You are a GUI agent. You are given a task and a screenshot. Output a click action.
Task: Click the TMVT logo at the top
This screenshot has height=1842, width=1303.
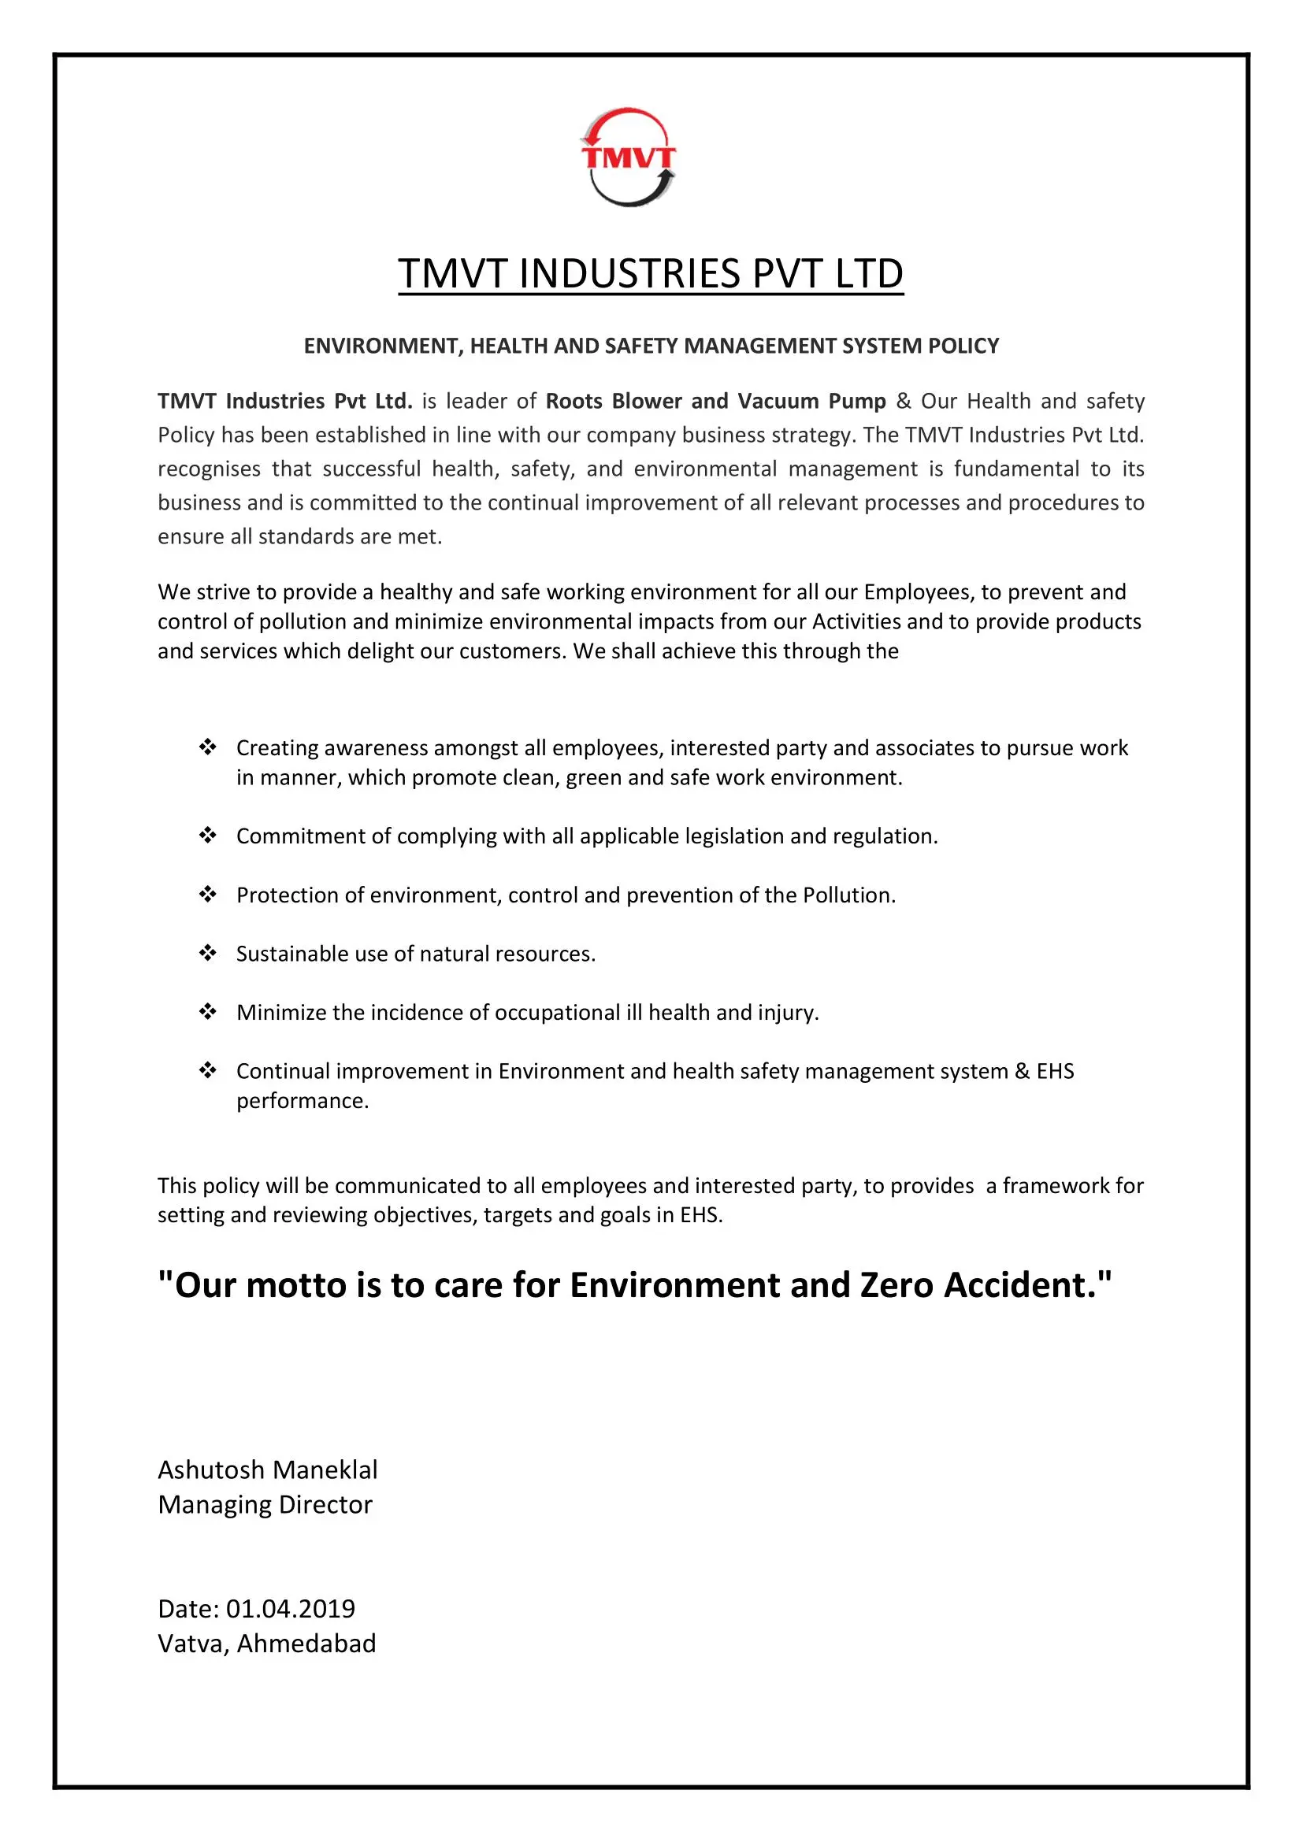(x=628, y=158)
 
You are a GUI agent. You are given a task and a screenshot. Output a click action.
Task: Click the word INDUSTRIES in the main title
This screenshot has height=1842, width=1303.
(x=630, y=273)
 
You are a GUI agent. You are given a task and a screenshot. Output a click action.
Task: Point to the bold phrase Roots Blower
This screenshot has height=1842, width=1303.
(x=613, y=401)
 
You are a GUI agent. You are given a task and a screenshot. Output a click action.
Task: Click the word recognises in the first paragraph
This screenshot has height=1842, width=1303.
(x=210, y=469)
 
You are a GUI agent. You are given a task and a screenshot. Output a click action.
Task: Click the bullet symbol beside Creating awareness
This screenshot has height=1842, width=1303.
(x=208, y=747)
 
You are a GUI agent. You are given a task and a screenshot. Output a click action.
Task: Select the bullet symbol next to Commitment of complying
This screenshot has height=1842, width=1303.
(x=208, y=836)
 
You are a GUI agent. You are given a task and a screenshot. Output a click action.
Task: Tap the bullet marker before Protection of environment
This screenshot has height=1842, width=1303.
(x=208, y=895)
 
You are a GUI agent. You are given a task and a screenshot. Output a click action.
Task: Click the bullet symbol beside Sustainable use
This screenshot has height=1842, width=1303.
(x=208, y=953)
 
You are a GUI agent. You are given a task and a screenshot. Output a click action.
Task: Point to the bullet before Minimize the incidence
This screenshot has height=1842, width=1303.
(x=208, y=1012)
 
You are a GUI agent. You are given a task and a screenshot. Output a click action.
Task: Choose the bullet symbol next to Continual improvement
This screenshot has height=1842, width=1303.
(x=208, y=1070)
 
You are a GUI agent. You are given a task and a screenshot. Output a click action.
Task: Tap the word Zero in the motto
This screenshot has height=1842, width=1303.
(x=897, y=1285)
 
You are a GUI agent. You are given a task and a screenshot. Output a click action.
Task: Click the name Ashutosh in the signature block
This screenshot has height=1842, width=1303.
(x=211, y=1470)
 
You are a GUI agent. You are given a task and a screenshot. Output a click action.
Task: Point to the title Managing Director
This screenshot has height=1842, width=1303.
(x=265, y=1505)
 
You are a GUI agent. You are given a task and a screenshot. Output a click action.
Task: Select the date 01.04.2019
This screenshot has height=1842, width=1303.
(x=291, y=1609)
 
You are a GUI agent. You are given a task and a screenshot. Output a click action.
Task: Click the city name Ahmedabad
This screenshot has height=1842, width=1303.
(x=306, y=1644)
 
